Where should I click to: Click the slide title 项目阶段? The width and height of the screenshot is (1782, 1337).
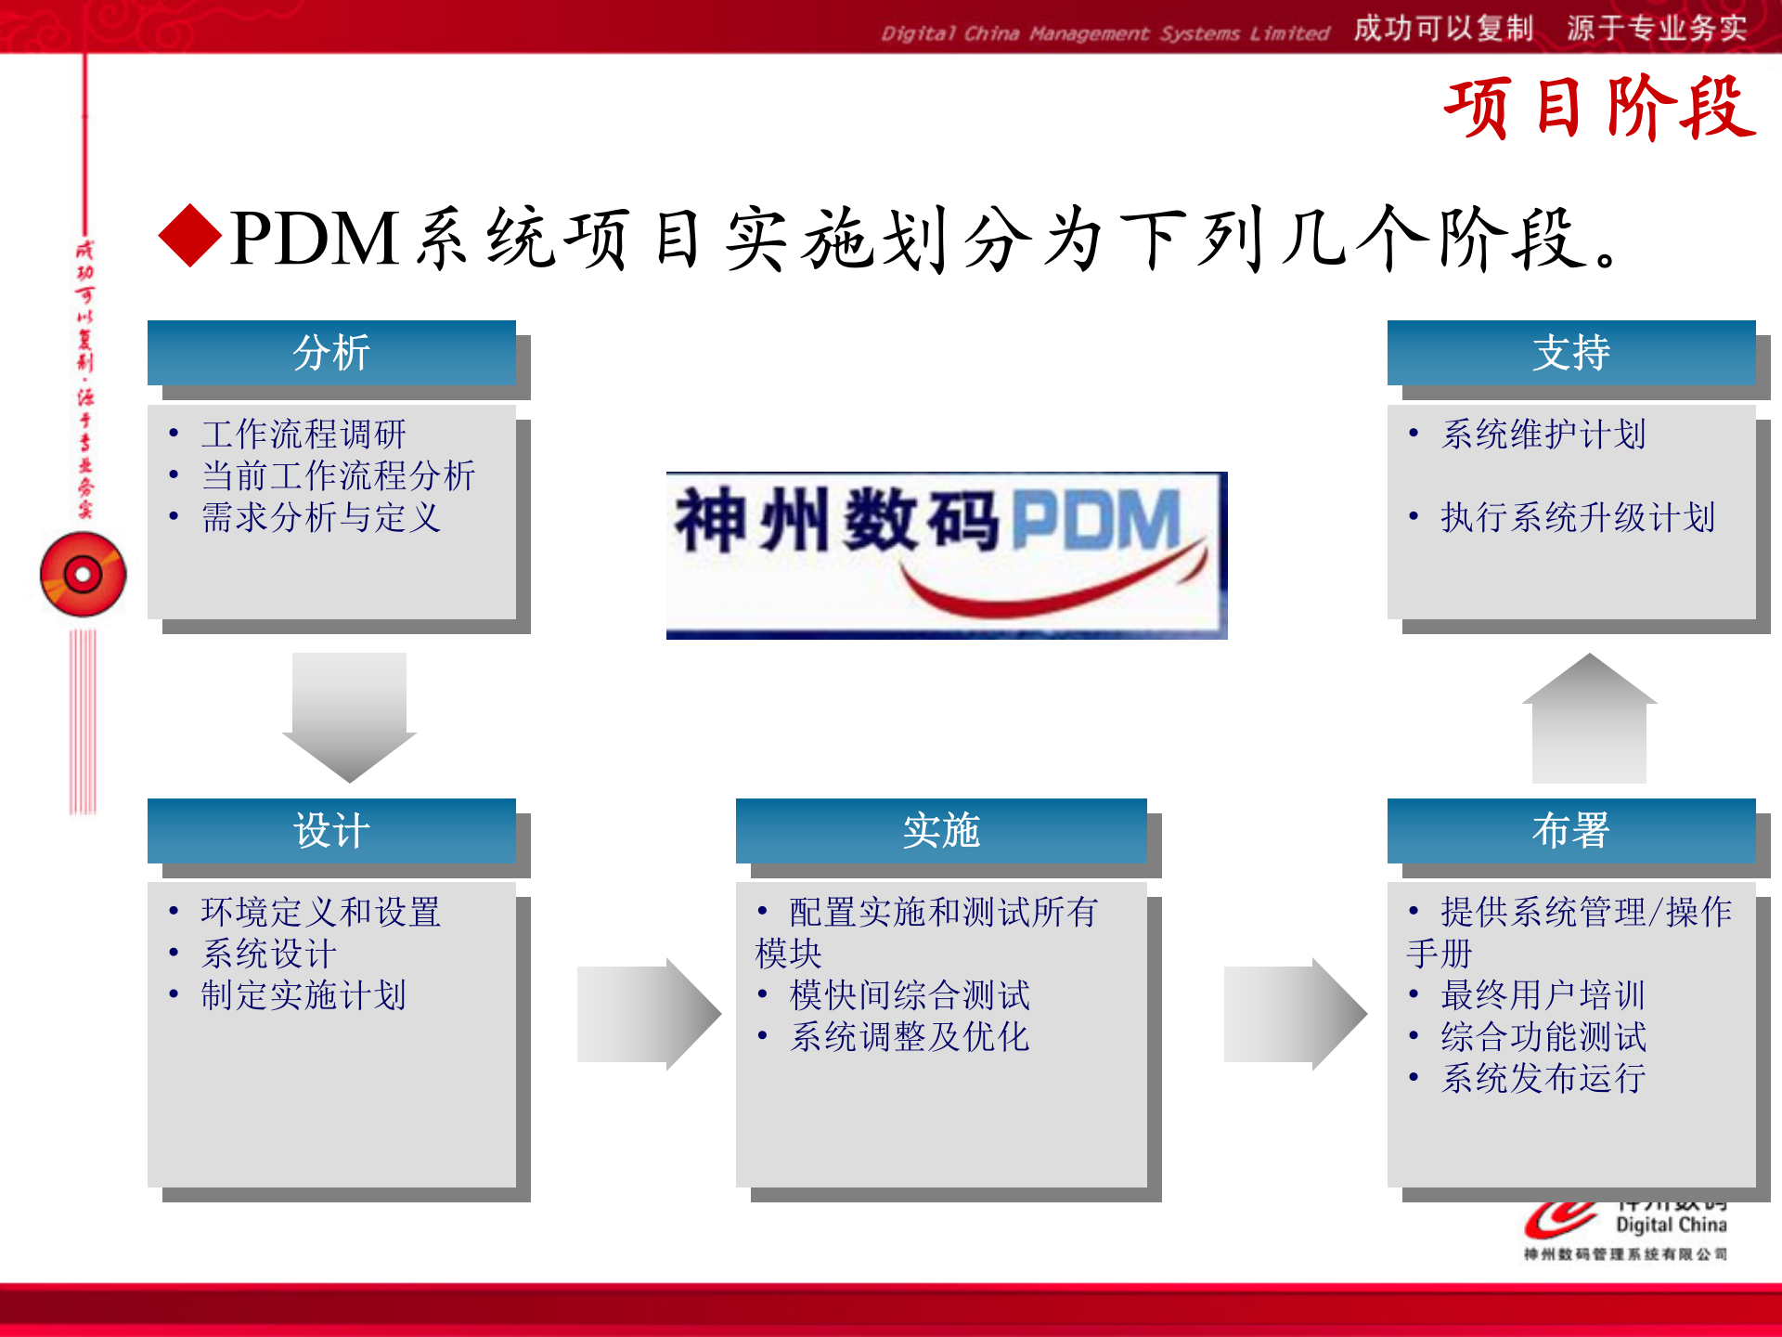[x=1598, y=109]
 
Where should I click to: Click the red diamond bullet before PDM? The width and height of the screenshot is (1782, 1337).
[x=190, y=236]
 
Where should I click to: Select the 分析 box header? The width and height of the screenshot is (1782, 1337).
[x=331, y=353]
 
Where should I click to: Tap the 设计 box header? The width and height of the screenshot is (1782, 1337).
[x=331, y=830]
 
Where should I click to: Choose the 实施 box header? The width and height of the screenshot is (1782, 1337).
[x=941, y=830]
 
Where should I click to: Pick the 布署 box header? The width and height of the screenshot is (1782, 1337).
[x=1570, y=830]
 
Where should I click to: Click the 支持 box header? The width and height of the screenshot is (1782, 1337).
[x=1570, y=353]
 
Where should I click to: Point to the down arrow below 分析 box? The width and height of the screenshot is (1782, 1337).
[x=349, y=715]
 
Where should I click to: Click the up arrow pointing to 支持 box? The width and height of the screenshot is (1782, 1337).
[x=1589, y=720]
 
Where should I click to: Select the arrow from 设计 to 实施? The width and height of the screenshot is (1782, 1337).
[x=648, y=1014]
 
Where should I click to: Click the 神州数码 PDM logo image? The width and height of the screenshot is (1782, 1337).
[x=946, y=554]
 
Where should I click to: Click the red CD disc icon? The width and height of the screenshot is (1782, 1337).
[x=83, y=575]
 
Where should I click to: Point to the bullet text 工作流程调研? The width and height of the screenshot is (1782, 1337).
[x=303, y=434]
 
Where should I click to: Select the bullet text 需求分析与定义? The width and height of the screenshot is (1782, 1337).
[x=321, y=517]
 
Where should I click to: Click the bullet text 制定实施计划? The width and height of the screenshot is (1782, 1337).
[x=303, y=995]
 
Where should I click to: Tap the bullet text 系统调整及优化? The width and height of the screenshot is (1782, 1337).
[x=910, y=1037]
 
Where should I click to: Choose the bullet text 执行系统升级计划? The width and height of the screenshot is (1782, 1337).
[x=1578, y=517]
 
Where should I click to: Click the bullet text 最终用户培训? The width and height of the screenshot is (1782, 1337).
[x=1543, y=995]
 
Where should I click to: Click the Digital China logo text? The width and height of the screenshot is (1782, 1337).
[x=1671, y=1225]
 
